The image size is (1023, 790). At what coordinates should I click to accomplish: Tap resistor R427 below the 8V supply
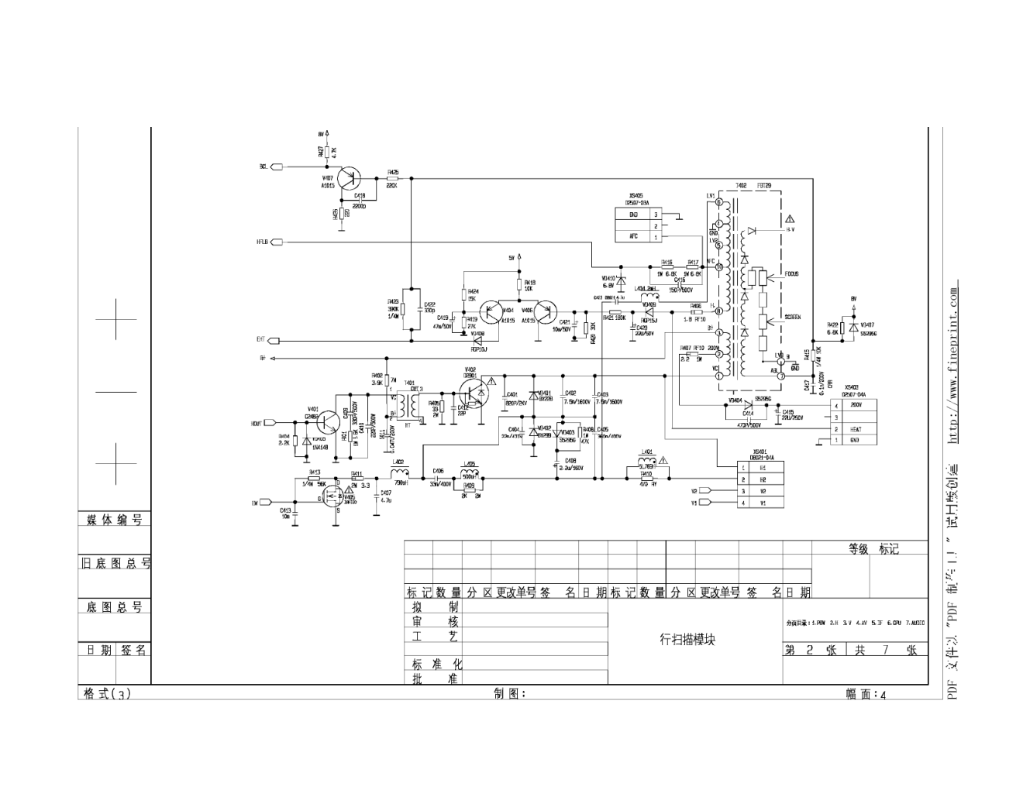tap(327, 153)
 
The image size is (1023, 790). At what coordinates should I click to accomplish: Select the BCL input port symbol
tap(277, 167)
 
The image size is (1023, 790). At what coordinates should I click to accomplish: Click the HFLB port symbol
tap(277, 242)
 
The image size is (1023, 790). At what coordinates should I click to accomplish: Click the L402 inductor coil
tap(399, 472)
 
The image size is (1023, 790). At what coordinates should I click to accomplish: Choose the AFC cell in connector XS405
tap(633, 236)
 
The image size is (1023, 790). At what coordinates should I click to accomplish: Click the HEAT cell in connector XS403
tap(856, 429)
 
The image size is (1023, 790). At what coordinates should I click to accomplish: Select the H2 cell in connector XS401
tap(763, 479)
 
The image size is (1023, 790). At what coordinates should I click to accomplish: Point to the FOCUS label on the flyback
tap(790, 274)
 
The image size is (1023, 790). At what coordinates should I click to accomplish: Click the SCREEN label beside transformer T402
tap(792, 318)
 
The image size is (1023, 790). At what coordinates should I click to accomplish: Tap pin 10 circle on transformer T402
tap(718, 267)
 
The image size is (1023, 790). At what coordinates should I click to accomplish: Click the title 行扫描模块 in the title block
tap(687, 640)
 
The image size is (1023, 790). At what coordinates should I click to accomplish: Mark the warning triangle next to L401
tap(663, 461)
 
